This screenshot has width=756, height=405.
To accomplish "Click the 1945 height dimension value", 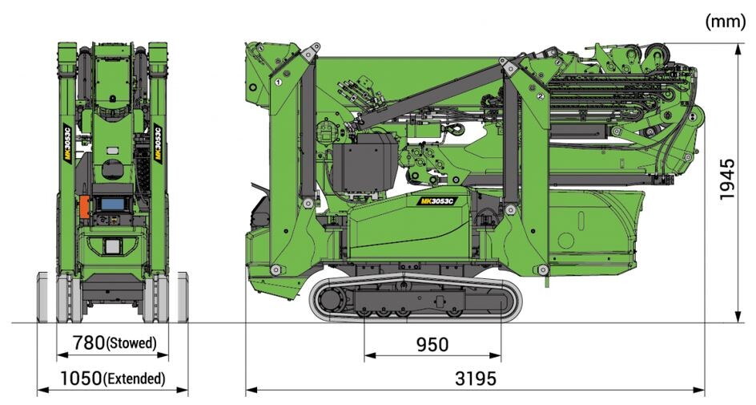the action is pos(726,179).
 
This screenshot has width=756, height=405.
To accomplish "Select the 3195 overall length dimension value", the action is pos(476,379).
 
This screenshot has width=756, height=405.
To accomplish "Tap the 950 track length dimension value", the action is pos(432,345).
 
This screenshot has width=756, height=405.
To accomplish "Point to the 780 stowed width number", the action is pos(88,342).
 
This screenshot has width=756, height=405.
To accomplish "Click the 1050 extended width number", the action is pos(81,379).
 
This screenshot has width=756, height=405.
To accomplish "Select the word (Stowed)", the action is pos(131,343).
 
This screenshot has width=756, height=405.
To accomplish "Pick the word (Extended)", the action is pos(134,379).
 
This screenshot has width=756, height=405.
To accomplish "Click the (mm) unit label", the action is pos(725,22).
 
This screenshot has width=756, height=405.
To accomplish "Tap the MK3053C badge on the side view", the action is pos(436,200).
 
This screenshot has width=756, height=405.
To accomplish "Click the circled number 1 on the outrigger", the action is pos(278,82).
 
